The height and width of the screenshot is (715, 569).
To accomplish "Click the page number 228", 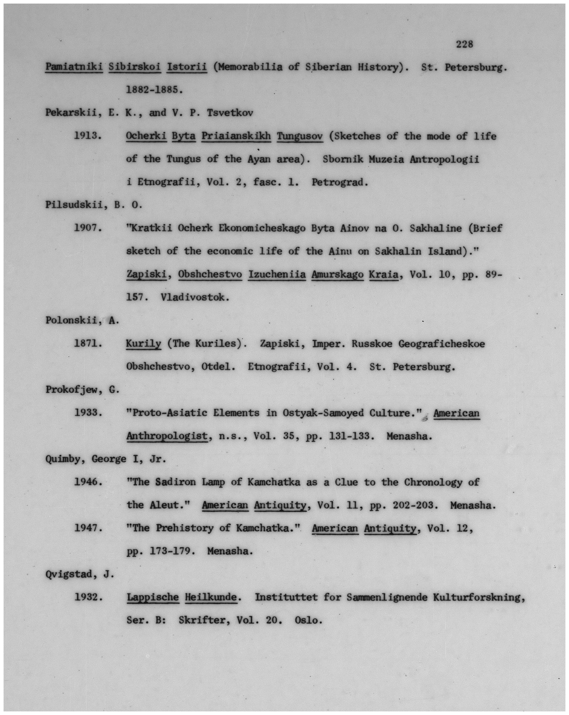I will (x=464, y=44).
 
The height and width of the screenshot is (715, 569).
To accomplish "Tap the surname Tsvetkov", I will (x=230, y=113).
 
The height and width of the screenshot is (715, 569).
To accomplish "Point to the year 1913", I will (x=88, y=136).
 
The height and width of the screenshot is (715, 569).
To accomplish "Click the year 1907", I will (x=88, y=228).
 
